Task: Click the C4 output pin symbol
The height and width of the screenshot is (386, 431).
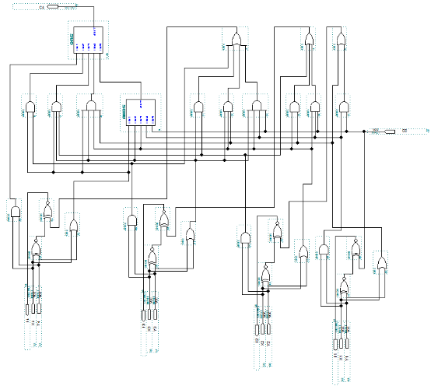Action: pyautogui.click(x=53, y=7)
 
